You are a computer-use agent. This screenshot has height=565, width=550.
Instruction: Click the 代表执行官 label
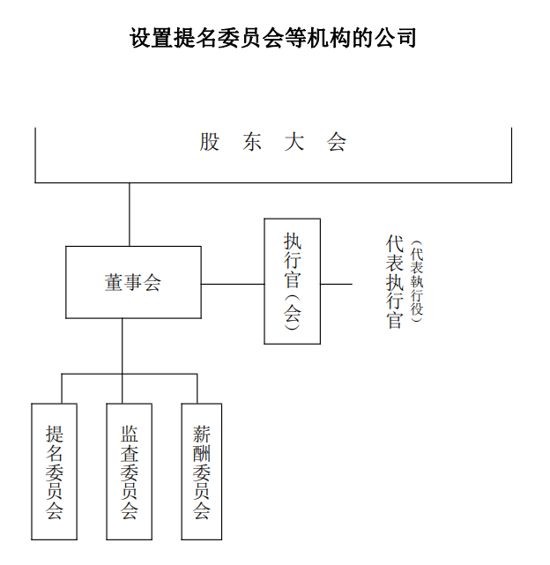click(394, 282)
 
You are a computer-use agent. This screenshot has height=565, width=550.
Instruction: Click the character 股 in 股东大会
click(210, 142)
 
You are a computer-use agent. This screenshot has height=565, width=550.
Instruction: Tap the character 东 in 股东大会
click(252, 142)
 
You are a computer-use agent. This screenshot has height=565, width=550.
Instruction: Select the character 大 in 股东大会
click(294, 142)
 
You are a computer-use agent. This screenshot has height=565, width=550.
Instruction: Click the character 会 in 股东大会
click(337, 142)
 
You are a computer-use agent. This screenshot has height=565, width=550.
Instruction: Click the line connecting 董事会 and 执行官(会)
click(233, 284)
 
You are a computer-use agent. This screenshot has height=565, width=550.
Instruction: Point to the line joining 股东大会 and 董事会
click(130, 214)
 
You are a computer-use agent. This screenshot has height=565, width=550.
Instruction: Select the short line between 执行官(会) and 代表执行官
click(337, 284)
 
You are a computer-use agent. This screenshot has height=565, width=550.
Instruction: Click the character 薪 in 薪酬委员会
click(202, 435)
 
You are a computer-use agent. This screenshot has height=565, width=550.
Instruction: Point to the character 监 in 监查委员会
click(129, 435)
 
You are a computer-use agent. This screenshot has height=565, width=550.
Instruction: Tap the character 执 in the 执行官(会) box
click(293, 241)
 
